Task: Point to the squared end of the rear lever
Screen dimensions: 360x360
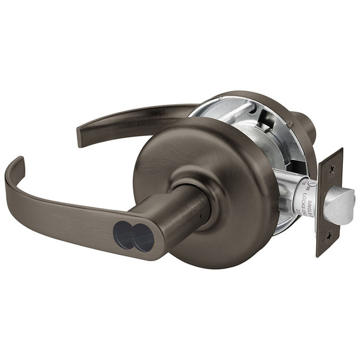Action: pyautogui.click(x=81, y=137)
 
